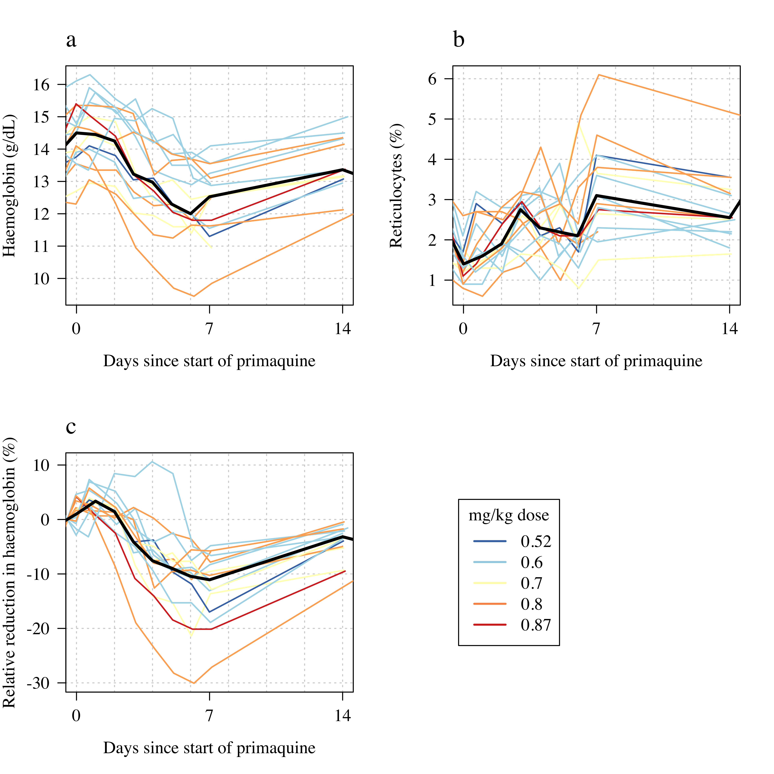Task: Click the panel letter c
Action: (x=71, y=427)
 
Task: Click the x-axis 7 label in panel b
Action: (x=596, y=329)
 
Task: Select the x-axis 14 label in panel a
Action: (x=342, y=329)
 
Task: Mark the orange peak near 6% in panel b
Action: (x=598, y=75)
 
